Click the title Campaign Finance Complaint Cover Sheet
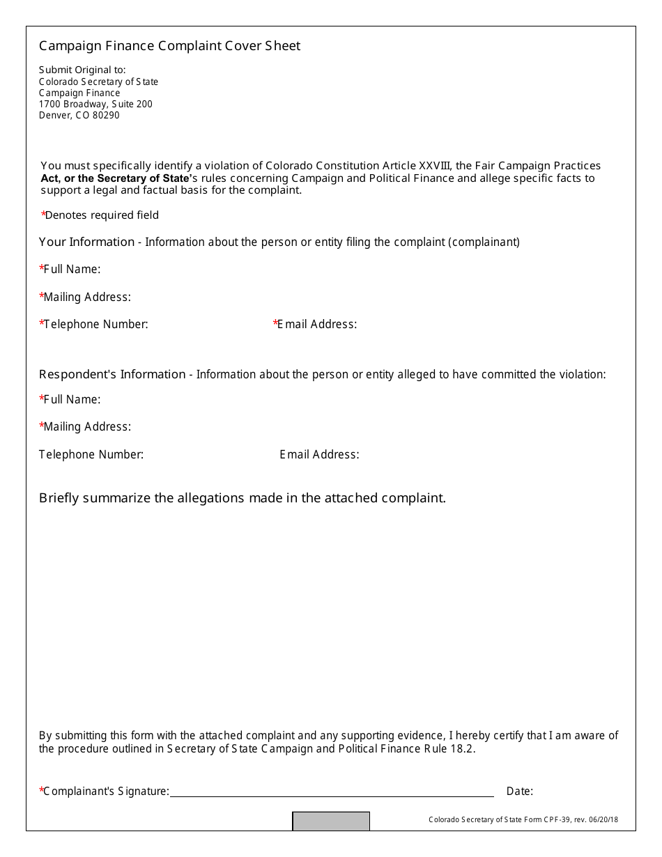169,46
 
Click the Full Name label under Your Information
70,269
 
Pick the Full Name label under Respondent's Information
70,399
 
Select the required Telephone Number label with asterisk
94,324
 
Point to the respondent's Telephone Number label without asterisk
91,454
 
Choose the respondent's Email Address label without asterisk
319,454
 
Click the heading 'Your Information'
86,242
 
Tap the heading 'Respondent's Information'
112,374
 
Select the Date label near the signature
519,791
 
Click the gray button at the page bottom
330,821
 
